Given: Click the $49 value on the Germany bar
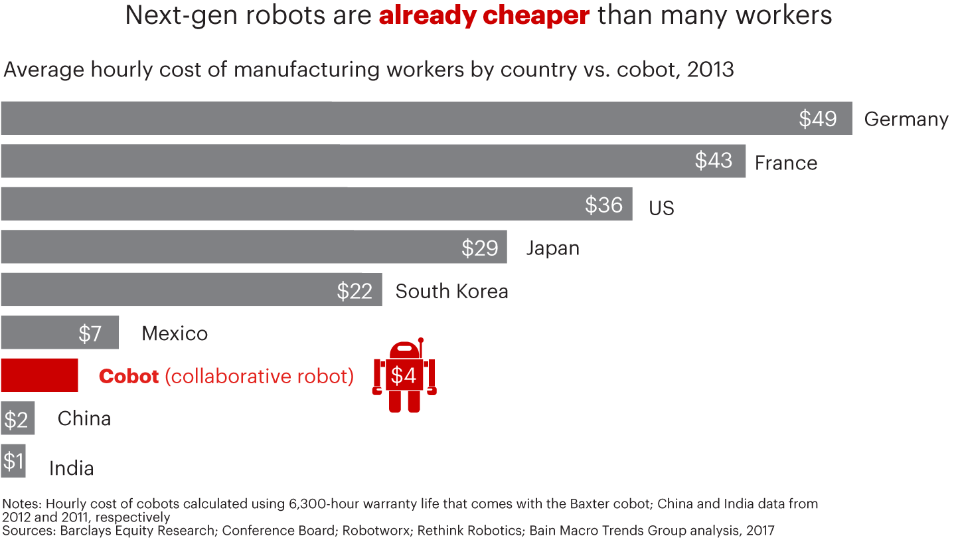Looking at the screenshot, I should [x=817, y=119].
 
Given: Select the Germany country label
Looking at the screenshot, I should [x=906, y=120].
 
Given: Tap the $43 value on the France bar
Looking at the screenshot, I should [x=714, y=161].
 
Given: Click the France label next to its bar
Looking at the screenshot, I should [x=785, y=163].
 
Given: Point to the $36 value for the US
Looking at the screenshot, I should [x=603, y=205].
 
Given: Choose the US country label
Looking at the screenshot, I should [x=661, y=208].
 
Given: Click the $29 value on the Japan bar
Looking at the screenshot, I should [x=479, y=248].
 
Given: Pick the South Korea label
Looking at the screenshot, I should [x=451, y=291].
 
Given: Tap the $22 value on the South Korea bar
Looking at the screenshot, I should [x=355, y=291].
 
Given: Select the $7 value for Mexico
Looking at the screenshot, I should [x=90, y=333].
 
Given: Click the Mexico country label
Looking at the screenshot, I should [x=175, y=333].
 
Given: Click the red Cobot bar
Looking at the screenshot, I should [x=40, y=375].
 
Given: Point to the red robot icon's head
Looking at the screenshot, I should [x=404, y=351].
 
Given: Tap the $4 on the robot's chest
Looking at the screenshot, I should [x=403, y=376].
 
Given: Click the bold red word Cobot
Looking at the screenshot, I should [x=129, y=376].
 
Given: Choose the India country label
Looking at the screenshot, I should [x=71, y=468].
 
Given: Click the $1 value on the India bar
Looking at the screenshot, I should [x=13, y=461].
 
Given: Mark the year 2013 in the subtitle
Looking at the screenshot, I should [x=710, y=70].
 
